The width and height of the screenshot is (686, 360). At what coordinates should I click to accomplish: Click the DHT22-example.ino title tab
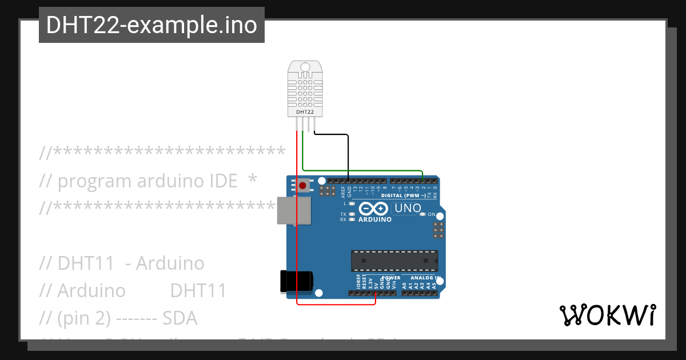151,25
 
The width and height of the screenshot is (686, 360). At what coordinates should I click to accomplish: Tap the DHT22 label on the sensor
305,112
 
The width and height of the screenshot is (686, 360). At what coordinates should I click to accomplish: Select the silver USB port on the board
294,210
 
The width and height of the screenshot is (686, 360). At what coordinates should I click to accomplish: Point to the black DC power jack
296,282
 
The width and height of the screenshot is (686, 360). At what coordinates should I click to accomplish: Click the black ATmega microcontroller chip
394,261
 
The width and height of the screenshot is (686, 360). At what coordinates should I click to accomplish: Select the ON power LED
423,215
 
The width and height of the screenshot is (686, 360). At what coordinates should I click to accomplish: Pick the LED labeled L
352,203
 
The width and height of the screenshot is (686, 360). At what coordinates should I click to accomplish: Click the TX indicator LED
352,214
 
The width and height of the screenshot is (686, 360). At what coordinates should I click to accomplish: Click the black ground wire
348,154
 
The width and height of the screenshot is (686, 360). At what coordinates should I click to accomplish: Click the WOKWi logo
607,315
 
